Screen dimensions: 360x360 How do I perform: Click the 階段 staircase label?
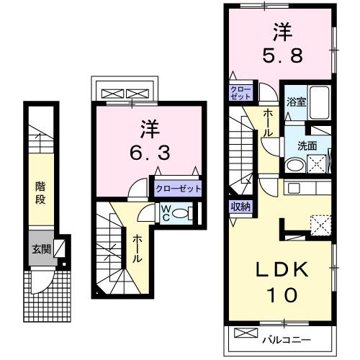[42, 192]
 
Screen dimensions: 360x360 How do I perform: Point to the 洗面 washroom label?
[308, 145]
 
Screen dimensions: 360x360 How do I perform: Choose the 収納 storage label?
[240, 207]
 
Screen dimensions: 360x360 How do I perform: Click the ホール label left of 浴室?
[268, 124]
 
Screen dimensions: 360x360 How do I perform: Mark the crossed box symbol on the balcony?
[246, 334]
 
